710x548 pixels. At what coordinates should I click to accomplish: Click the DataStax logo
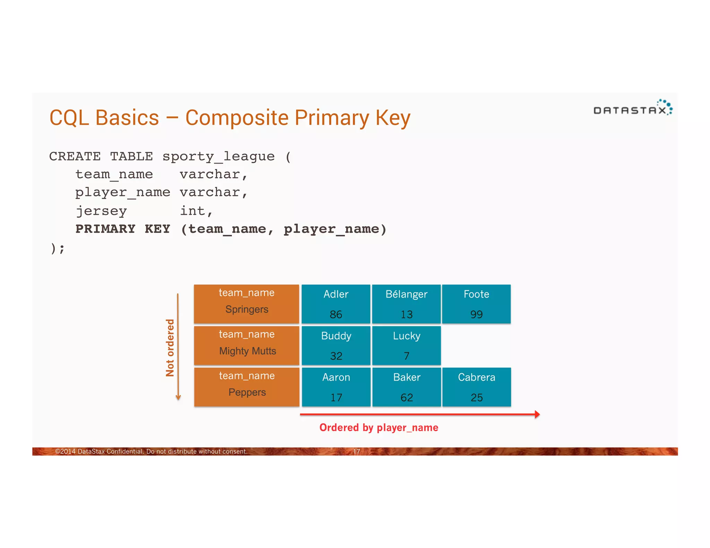[632, 108]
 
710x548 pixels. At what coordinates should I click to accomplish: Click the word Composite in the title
[237, 118]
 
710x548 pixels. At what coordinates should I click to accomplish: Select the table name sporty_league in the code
[218, 156]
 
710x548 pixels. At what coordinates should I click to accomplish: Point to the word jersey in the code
[101, 211]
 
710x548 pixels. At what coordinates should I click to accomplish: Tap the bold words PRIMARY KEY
[123, 229]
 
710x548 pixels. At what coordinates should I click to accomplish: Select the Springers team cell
[246, 304]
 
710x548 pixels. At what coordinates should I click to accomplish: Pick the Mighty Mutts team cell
[246, 345]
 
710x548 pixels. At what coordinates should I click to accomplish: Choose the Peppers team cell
[246, 387]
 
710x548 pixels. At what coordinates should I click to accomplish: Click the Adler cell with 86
[336, 304]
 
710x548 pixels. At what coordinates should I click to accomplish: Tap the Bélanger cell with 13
[406, 304]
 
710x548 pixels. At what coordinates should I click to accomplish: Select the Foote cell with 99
[476, 304]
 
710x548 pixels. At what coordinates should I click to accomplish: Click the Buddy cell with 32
[336, 345]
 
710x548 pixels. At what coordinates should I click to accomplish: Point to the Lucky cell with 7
[406, 345]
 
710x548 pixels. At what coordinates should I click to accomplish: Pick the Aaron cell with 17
[336, 387]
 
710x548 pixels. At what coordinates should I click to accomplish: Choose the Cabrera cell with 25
[476, 387]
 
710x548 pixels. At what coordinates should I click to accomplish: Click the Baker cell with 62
[406, 387]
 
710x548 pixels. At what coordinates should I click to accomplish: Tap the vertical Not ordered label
[170, 347]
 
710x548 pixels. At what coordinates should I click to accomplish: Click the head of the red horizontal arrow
[537, 414]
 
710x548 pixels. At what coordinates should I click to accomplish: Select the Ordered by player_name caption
[379, 428]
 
